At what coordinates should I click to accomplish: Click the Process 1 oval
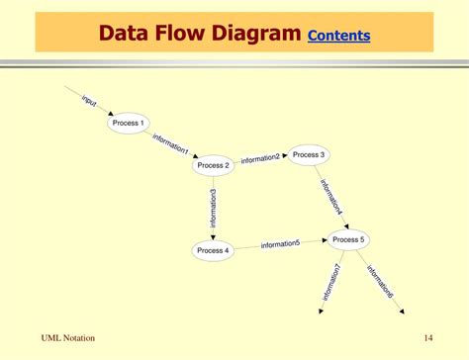click(x=129, y=123)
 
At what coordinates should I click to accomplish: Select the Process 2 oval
click(x=213, y=165)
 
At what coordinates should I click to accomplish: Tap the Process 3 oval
click(x=309, y=154)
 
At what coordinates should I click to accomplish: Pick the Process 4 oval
click(x=213, y=250)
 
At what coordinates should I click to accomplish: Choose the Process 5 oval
click(x=348, y=239)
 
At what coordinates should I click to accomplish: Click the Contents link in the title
click(x=339, y=37)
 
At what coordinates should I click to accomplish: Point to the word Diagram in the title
click(x=252, y=35)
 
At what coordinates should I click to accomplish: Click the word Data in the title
click(x=127, y=35)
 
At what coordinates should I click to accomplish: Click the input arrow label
click(x=89, y=100)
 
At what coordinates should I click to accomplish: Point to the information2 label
click(x=260, y=158)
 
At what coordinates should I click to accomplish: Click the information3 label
click(x=213, y=207)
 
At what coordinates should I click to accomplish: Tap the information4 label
click(x=331, y=197)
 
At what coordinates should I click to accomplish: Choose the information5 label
click(x=280, y=244)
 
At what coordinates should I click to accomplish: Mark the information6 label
click(x=380, y=281)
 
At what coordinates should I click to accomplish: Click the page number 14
click(x=427, y=338)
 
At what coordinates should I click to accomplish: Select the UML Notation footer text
click(x=68, y=338)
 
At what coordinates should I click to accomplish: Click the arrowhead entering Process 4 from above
click(x=213, y=234)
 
